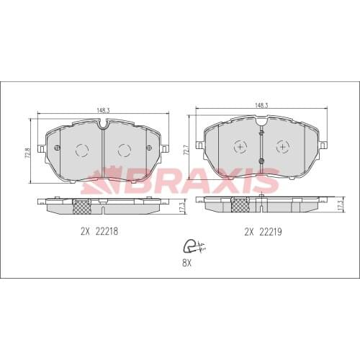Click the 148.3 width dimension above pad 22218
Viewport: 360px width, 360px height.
pyautogui.click(x=103, y=110)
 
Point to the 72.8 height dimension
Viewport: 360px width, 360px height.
pyautogui.click(x=28, y=155)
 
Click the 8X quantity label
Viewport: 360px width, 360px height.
pyautogui.click(x=188, y=264)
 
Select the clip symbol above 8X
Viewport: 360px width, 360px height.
pyautogui.click(x=192, y=246)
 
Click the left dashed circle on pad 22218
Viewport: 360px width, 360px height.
pyautogui.click(x=82, y=150)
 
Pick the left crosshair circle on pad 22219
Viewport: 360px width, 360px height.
pyautogui.click(x=239, y=146)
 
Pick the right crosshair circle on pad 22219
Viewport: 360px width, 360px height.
pyautogui.click(x=282, y=146)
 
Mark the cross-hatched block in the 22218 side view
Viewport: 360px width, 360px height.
pyautogui.click(x=84, y=207)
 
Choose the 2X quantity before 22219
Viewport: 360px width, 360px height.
pyautogui.click(x=250, y=232)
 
